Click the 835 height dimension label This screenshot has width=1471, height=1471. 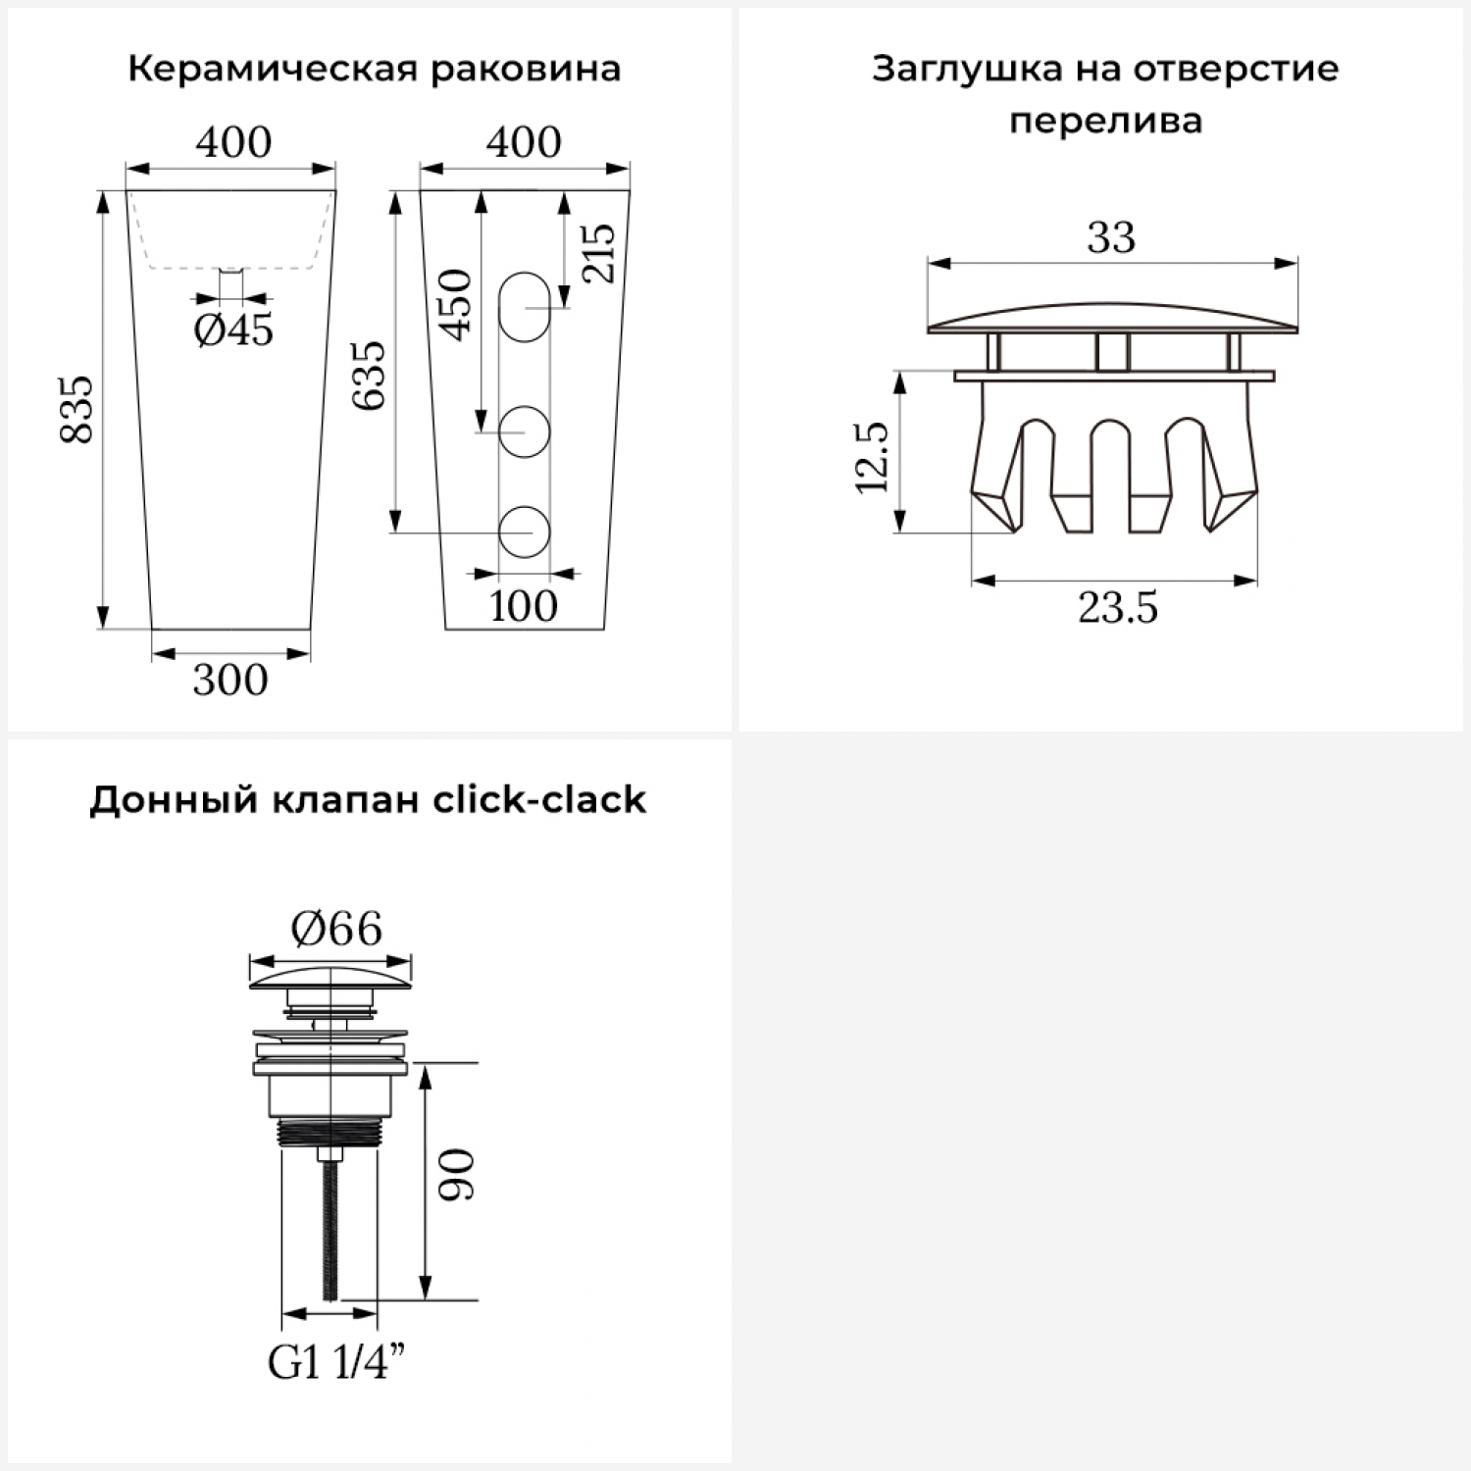[x=76, y=409]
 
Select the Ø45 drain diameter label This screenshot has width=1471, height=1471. [x=233, y=330]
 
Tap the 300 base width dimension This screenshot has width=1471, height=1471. [x=230, y=680]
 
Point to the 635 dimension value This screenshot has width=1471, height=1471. [x=370, y=376]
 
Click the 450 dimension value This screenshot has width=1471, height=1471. [x=455, y=304]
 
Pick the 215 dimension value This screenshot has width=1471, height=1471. [x=597, y=253]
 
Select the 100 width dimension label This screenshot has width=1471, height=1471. [x=524, y=606]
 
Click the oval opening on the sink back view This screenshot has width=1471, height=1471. [x=525, y=307]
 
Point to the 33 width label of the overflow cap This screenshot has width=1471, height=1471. [x=1111, y=237]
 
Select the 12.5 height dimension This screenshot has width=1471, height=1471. [x=871, y=457]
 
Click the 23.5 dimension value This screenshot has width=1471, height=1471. [x=1118, y=608]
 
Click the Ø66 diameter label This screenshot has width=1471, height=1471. [x=336, y=928]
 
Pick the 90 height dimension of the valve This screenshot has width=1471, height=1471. [x=455, y=1175]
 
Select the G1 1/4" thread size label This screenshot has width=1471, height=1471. [x=337, y=1363]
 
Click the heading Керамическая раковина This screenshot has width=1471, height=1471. [x=374, y=70]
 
